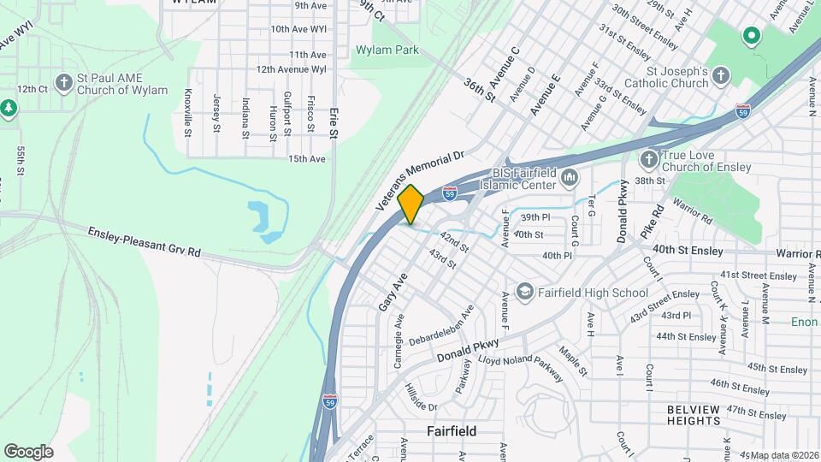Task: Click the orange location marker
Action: (x=410, y=204)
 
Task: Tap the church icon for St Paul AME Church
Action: (x=63, y=83)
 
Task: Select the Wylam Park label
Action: (x=387, y=50)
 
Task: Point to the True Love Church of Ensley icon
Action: (x=649, y=158)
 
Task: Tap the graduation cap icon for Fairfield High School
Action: (x=524, y=293)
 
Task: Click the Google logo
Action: (x=28, y=451)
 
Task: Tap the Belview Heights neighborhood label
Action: (x=706, y=415)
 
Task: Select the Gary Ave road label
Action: (x=390, y=292)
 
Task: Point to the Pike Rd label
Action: (x=652, y=222)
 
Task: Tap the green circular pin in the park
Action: (x=751, y=36)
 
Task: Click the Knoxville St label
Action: (x=188, y=112)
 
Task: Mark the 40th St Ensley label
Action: (x=687, y=250)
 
